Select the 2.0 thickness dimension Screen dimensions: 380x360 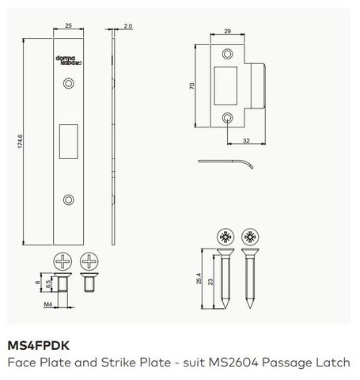[127, 27]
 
